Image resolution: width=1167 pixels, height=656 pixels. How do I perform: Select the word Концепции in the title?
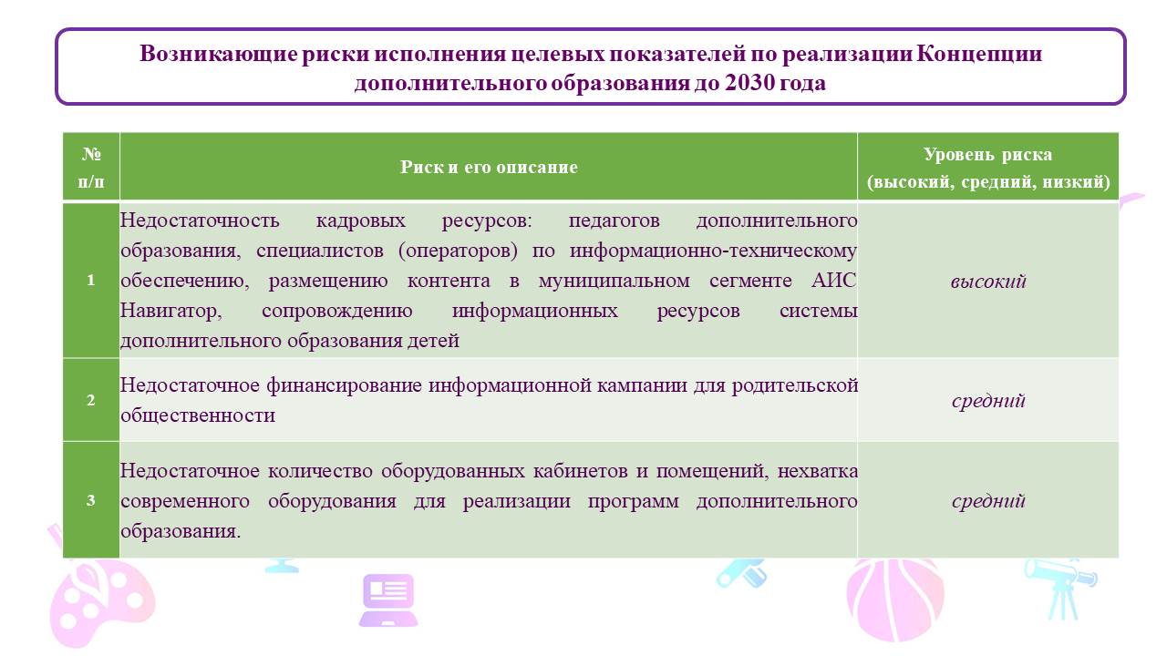[x=978, y=55]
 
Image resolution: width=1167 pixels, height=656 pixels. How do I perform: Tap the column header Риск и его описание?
[x=489, y=167]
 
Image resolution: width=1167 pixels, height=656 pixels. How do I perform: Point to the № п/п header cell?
[x=91, y=167]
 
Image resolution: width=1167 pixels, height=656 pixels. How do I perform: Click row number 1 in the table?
[x=90, y=280]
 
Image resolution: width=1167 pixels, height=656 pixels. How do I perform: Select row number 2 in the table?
[x=90, y=400]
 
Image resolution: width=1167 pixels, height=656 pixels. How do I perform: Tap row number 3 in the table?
[x=90, y=500]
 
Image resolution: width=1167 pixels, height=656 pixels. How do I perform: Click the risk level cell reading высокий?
[x=987, y=282]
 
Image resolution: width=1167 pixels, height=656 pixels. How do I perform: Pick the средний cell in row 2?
[x=987, y=400]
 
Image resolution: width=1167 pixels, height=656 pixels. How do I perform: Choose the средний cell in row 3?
[x=987, y=501]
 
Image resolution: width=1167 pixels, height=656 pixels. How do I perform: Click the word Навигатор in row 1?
[x=170, y=312]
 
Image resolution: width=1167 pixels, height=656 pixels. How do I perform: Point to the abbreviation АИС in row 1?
[x=834, y=281]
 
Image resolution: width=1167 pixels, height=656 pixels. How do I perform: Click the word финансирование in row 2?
[x=344, y=385]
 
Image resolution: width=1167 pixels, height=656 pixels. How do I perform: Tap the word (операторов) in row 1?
[x=458, y=251]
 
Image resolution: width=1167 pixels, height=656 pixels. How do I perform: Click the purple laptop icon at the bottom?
[x=388, y=600]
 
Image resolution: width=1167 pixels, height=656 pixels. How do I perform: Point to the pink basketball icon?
[x=895, y=600]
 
